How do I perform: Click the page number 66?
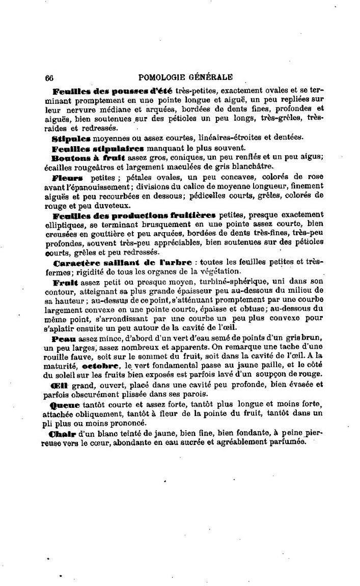tap(49, 78)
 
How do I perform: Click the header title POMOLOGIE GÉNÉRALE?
tap(185, 77)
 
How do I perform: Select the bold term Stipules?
tap(71, 138)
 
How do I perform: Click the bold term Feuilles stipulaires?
tap(98, 148)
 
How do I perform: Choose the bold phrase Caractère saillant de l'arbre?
tap(122, 262)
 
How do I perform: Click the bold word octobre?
tap(97, 366)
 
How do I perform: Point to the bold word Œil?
tap(61, 386)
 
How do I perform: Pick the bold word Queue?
tap(65, 405)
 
